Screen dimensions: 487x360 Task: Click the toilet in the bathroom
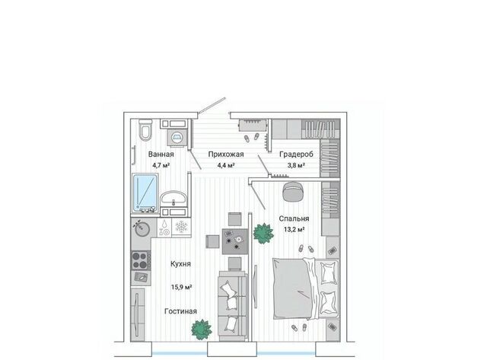coord(145,130)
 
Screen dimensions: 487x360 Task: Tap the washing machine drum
coord(177,137)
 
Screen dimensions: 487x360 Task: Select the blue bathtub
coord(145,193)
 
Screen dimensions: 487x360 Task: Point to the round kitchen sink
coord(142,229)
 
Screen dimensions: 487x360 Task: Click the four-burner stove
coord(141,260)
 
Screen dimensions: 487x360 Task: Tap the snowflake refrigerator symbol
coord(181,227)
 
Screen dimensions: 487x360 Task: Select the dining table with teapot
coord(235,241)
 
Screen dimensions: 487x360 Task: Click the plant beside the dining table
coord(263,233)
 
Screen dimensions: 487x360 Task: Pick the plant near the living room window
coord(201,330)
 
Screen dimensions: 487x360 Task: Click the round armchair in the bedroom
coord(293,192)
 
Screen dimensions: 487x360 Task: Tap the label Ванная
coord(161,154)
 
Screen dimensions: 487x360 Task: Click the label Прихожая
coord(226,154)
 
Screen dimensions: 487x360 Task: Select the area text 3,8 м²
coord(296,165)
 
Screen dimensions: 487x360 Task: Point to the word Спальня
coord(294,218)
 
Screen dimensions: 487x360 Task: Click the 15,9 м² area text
coord(181,287)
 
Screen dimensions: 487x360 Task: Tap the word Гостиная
coord(180,311)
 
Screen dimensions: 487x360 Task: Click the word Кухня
coord(180,264)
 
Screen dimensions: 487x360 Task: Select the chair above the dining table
coord(235,219)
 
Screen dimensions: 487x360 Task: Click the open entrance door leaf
coord(212,105)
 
